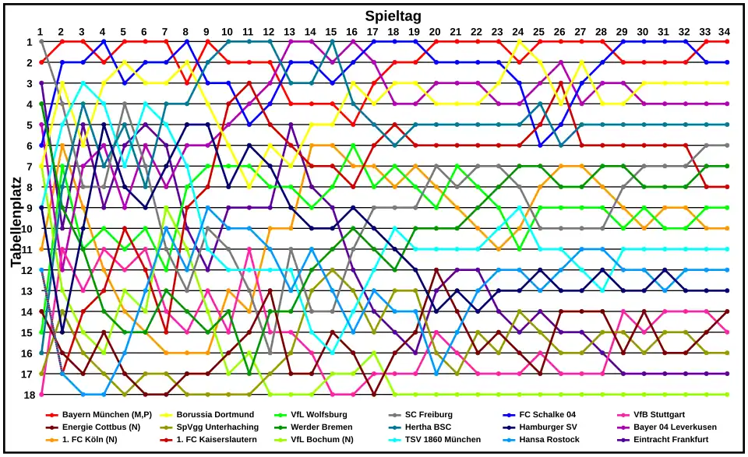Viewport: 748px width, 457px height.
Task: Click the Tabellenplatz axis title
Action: [x=16, y=218]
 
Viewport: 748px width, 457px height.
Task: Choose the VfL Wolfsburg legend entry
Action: [x=319, y=415]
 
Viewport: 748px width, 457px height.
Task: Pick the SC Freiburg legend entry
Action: [x=429, y=415]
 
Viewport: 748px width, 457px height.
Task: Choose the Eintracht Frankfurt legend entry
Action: [x=671, y=440]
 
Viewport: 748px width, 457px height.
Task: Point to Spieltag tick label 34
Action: [x=725, y=31]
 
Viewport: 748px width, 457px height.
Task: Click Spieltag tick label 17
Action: [x=372, y=31]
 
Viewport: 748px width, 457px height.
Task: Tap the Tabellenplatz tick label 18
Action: [x=28, y=395]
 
